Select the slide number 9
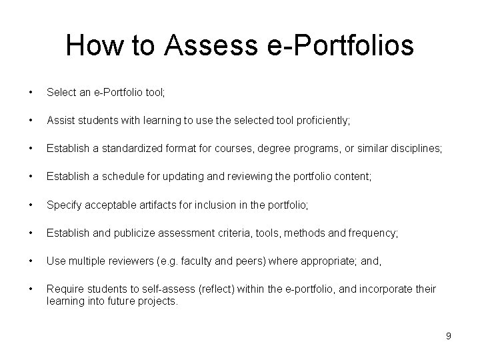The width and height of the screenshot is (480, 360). click(449, 336)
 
